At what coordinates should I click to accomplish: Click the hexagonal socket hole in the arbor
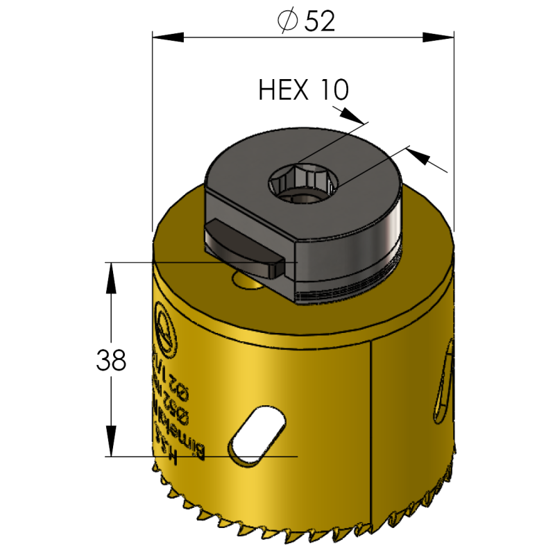(x=303, y=183)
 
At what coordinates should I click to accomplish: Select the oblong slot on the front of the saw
(x=257, y=438)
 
